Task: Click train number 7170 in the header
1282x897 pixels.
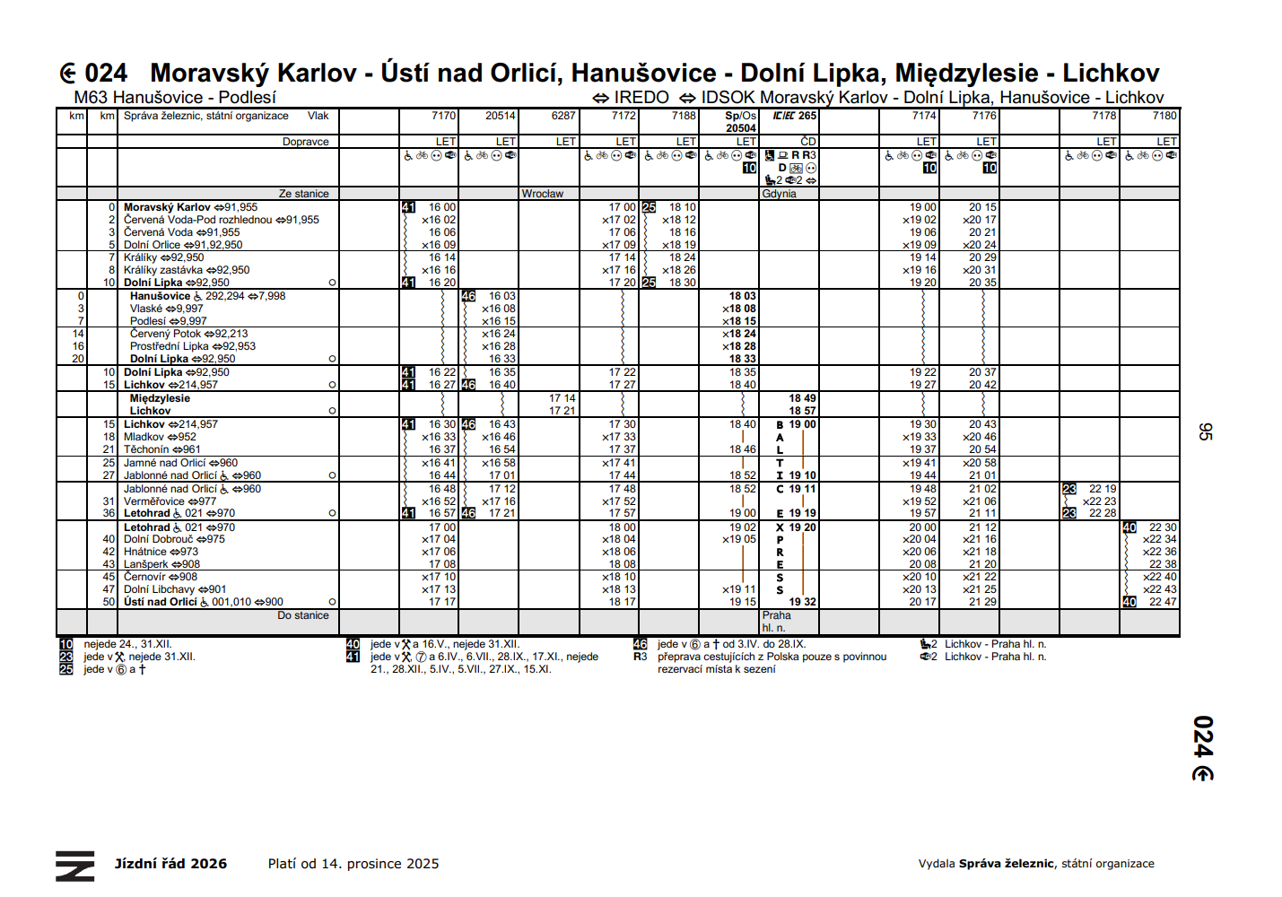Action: (x=443, y=116)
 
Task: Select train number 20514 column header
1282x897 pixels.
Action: (x=501, y=116)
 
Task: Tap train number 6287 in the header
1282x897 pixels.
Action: (x=563, y=116)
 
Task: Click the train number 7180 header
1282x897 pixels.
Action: (x=1164, y=116)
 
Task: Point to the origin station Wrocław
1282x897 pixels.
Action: (x=543, y=194)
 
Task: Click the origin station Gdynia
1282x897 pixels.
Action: (x=779, y=194)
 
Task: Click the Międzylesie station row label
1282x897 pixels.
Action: (x=160, y=398)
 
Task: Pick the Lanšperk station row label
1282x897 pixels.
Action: (x=145, y=564)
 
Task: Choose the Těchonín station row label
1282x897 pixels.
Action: (x=145, y=449)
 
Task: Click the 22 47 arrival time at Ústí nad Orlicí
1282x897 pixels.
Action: (x=1163, y=602)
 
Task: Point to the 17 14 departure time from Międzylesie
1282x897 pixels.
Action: (x=563, y=398)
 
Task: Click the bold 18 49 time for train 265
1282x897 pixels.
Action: (x=802, y=398)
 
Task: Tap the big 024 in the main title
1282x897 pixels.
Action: (x=106, y=73)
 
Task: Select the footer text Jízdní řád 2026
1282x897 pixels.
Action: (x=170, y=864)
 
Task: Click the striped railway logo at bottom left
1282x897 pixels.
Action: (x=74, y=866)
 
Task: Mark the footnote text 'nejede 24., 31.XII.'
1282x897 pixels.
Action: (x=127, y=644)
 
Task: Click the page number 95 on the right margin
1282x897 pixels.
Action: (x=1205, y=431)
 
